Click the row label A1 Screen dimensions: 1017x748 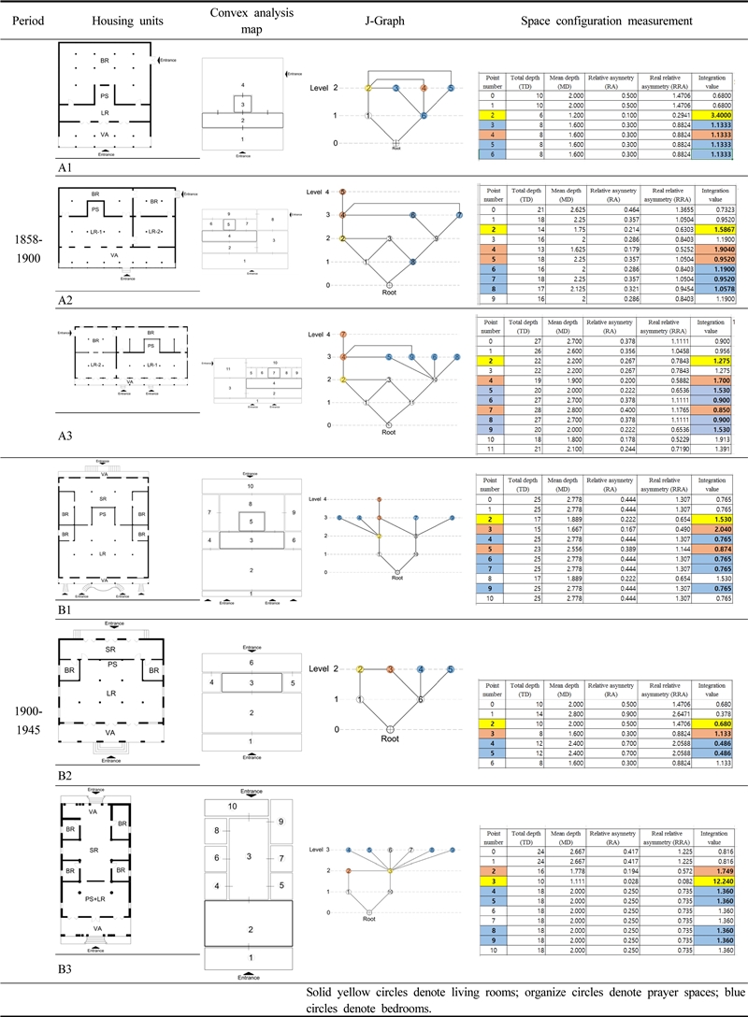coord(67,171)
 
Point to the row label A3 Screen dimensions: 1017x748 coord(67,435)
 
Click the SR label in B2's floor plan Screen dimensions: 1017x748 coord(110,647)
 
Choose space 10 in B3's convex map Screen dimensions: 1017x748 coord(235,806)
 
